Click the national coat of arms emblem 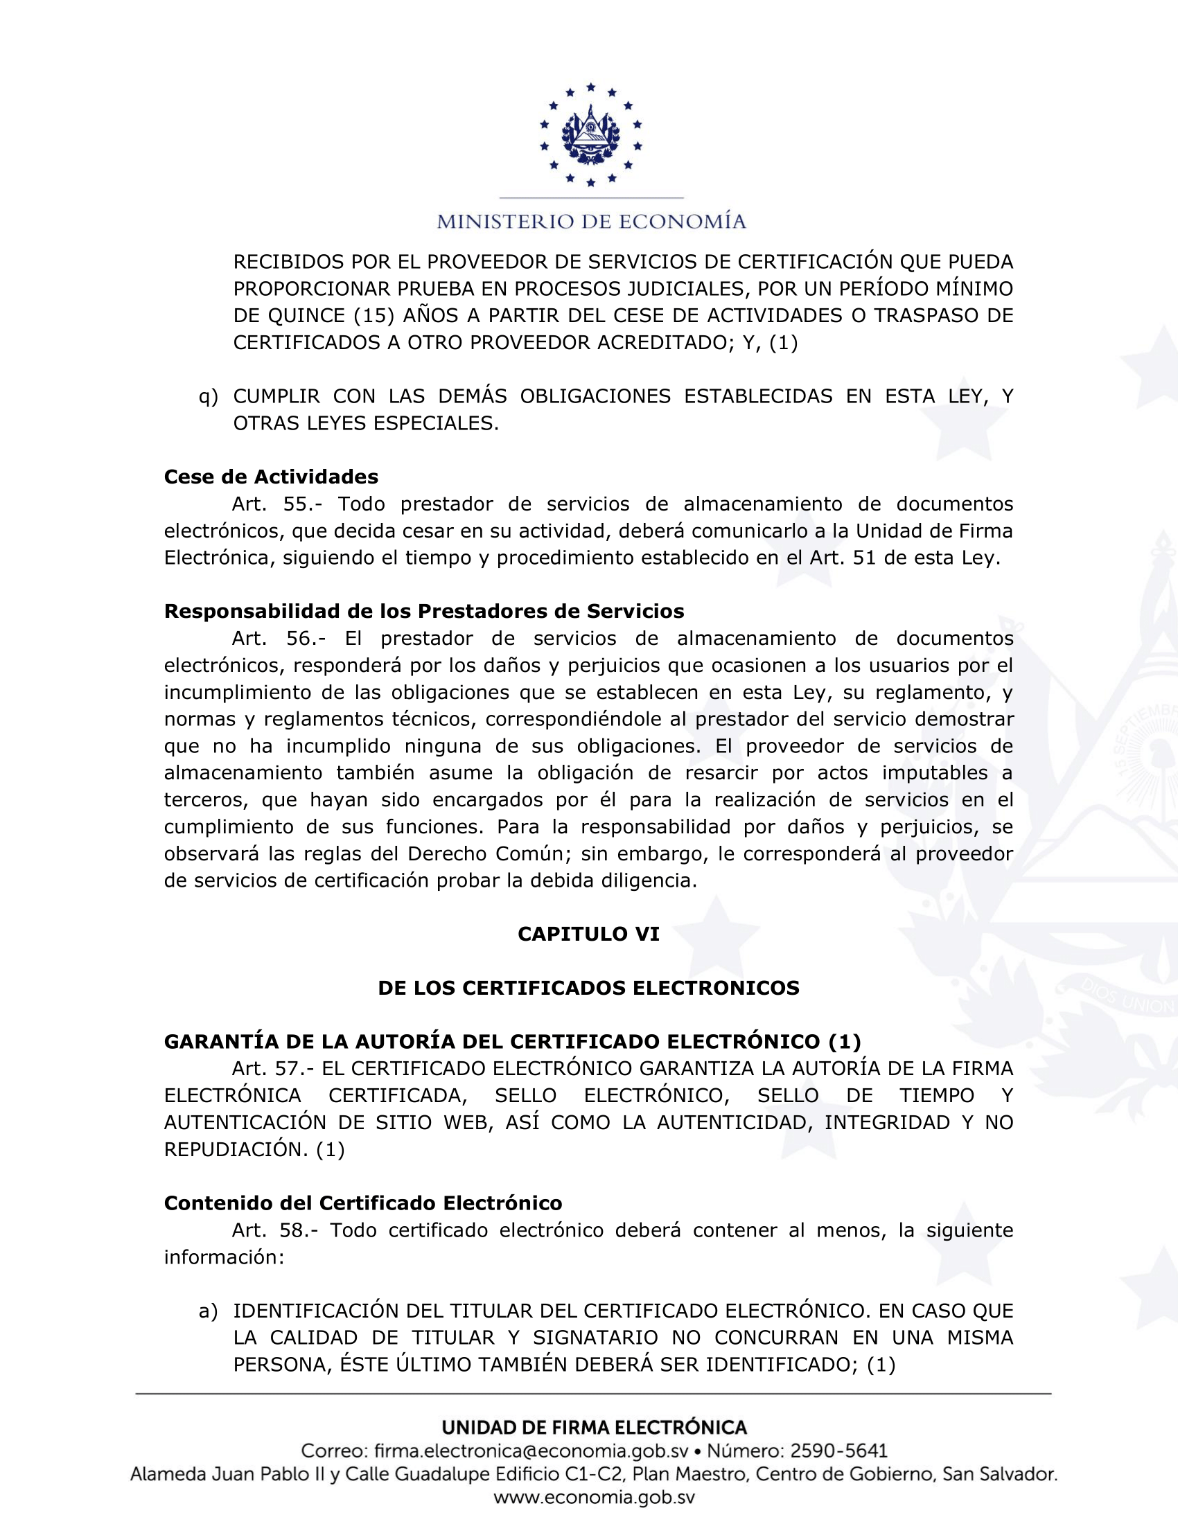590,135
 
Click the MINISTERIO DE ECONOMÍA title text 591,222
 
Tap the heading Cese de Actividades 271,477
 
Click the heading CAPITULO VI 588,934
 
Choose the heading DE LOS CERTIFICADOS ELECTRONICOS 588,987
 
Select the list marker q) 208,397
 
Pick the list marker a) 208,1311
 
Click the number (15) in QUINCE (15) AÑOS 375,316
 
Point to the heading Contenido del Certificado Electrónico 363,1203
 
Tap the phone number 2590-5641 838,1451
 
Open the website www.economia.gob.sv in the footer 594,1497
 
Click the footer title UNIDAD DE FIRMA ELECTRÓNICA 594,1426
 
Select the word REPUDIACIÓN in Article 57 235,1149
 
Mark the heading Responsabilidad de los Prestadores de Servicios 423,611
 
